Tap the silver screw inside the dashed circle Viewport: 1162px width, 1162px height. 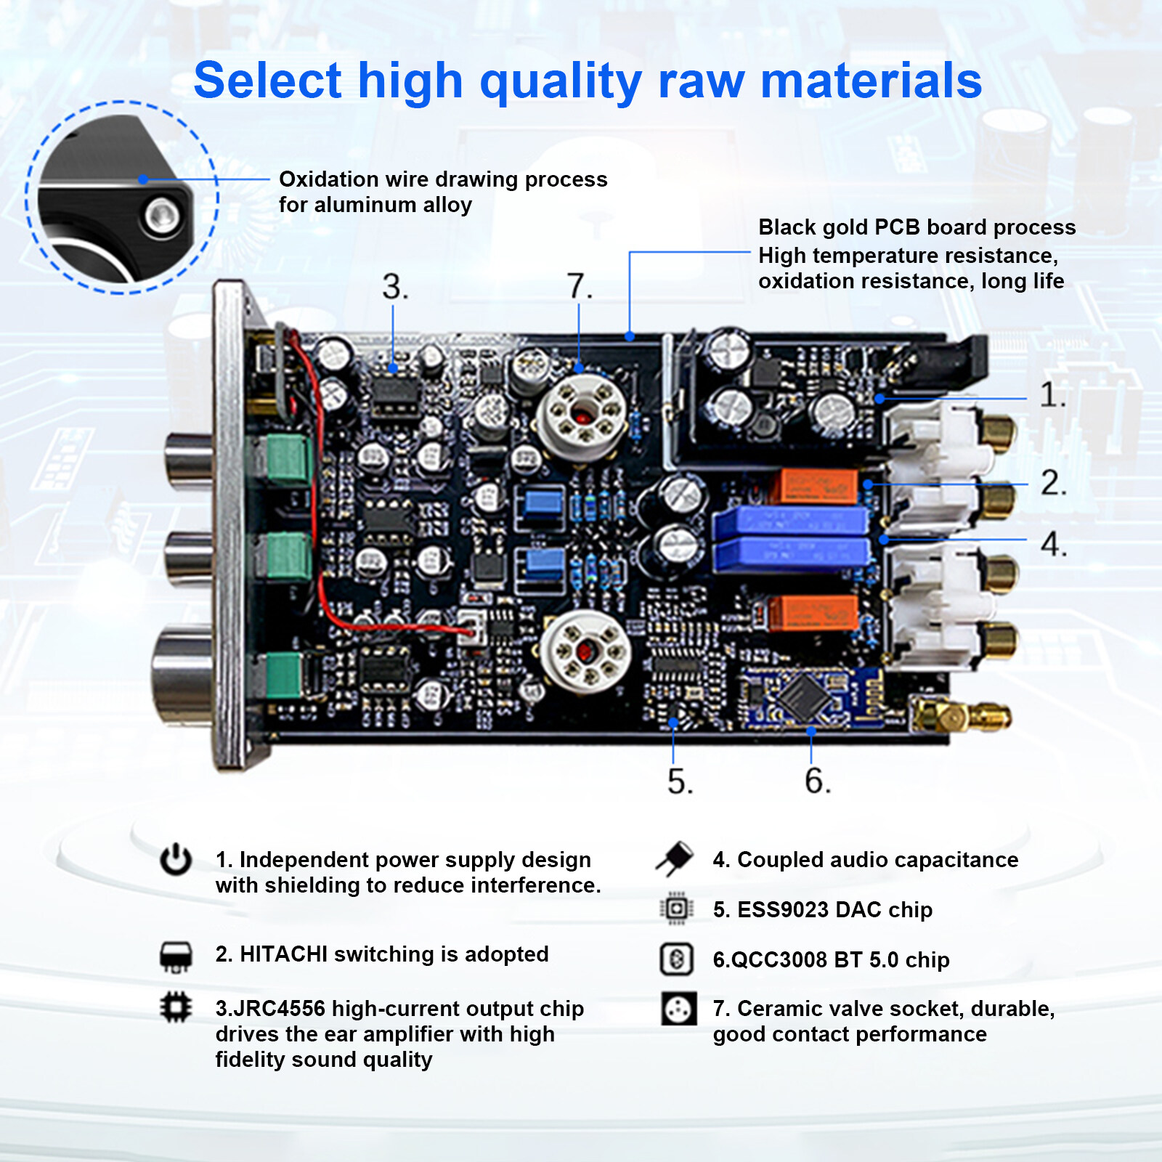point(161,216)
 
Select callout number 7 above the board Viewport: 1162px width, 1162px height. point(579,286)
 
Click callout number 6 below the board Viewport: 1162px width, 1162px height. point(816,781)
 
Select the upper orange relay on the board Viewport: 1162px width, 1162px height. point(818,486)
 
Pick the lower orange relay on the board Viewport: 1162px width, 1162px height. point(813,612)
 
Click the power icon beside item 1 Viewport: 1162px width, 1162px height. point(176,860)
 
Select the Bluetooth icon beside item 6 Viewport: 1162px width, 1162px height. point(676,959)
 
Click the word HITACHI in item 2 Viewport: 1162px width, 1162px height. point(283,954)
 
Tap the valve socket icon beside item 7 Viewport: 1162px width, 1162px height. point(678,1009)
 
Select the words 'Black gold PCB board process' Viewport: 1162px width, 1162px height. point(917,227)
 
